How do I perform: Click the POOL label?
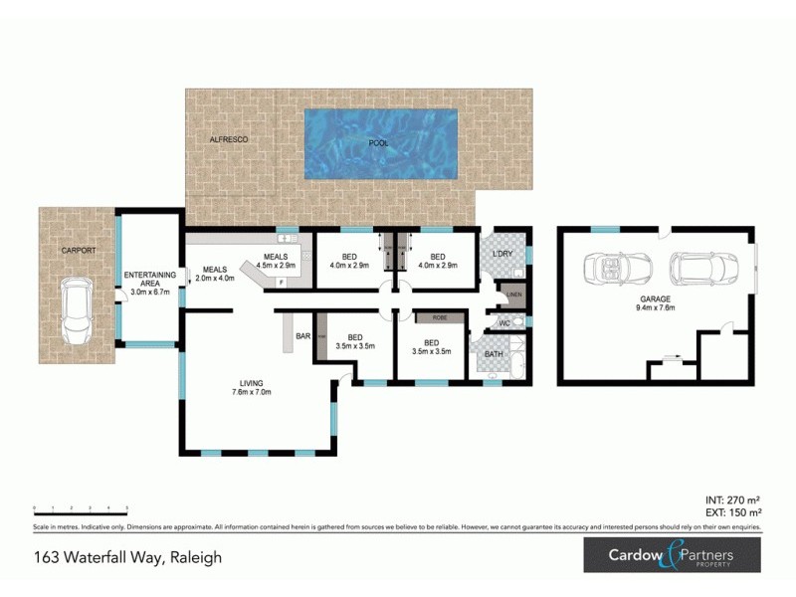pyautogui.click(x=378, y=143)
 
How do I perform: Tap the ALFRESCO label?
pyautogui.click(x=228, y=140)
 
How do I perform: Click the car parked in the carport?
pyautogui.click(x=77, y=309)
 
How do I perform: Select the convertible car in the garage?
pyautogui.click(x=620, y=267)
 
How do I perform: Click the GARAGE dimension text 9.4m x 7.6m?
pyautogui.click(x=656, y=307)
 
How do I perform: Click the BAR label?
pyautogui.click(x=302, y=337)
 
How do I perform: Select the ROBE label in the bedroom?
pyautogui.click(x=437, y=318)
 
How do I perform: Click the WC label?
pyautogui.click(x=503, y=323)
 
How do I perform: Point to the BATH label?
pyautogui.click(x=494, y=354)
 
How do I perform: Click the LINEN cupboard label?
pyautogui.click(x=513, y=296)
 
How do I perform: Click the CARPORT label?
pyautogui.click(x=78, y=251)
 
